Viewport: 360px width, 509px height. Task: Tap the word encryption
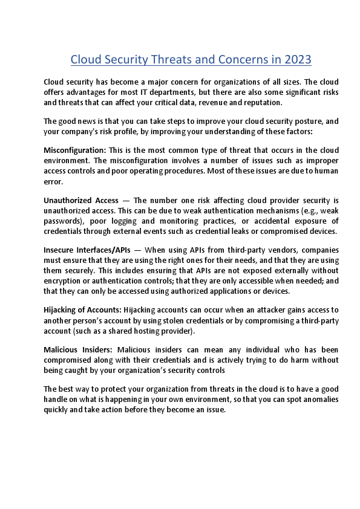(65, 280)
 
